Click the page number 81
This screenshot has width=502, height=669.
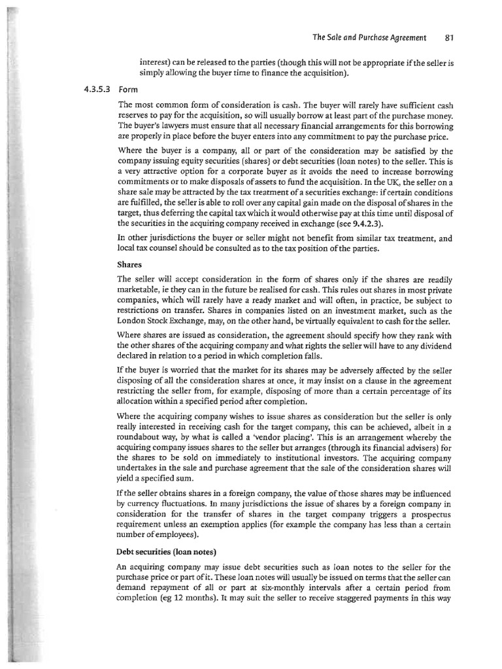pos(449,37)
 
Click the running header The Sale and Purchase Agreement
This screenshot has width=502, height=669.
pos(369,37)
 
